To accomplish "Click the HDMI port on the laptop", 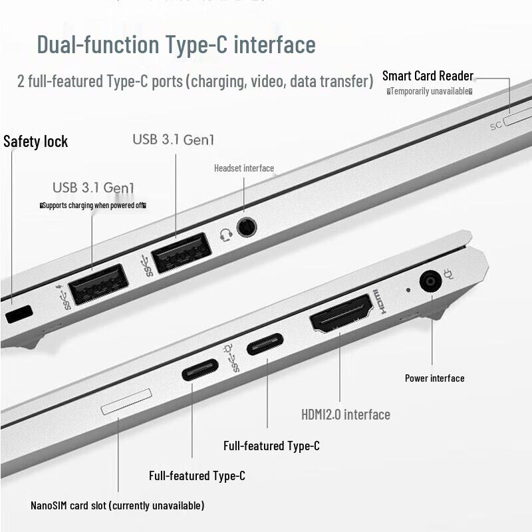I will pyautogui.click(x=340, y=313).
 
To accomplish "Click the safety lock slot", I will pyautogui.click(x=19, y=313).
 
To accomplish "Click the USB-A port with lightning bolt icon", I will pyautogui.click(x=98, y=284).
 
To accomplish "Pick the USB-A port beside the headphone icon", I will pyautogui.click(x=181, y=253).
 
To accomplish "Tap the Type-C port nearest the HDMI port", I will pyautogui.click(x=265, y=344).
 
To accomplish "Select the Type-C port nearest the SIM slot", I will pyautogui.click(x=200, y=369).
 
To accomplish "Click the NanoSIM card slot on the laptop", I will pyautogui.click(x=126, y=403).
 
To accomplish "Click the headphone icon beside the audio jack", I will pyautogui.click(x=226, y=235).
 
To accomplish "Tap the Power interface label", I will pyautogui.click(x=434, y=378).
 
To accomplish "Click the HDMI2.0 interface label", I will pyautogui.click(x=345, y=415).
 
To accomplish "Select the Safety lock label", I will pyautogui.click(x=35, y=142).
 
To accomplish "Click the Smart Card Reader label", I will pyautogui.click(x=428, y=76).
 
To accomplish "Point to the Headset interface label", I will pyautogui.click(x=243, y=168).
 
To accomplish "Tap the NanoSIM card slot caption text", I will pyautogui.click(x=117, y=506).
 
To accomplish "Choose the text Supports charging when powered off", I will pyautogui.click(x=92, y=205).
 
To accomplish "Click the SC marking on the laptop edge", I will pyautogui.click(x=495, y=125).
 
